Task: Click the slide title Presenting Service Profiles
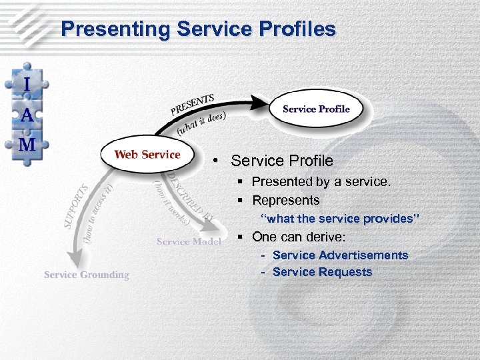pos(198,29)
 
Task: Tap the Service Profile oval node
pos(316,109)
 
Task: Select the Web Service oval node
pos(147,155)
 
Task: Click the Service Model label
pos(189,241)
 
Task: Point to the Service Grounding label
pos(87,275)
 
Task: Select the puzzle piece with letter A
pos(27,115)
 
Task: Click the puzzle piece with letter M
pos(27,144)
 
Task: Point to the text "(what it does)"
pos(201,123)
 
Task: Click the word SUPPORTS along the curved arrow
pos(76,207)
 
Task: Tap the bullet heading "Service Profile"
pos(281,161)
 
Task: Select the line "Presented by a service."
pos(321,181)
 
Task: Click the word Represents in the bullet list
pos(286,200)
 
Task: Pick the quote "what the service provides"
pos(339,219)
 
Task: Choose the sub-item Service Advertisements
pos(340,255)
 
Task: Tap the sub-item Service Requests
pos(322,272)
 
